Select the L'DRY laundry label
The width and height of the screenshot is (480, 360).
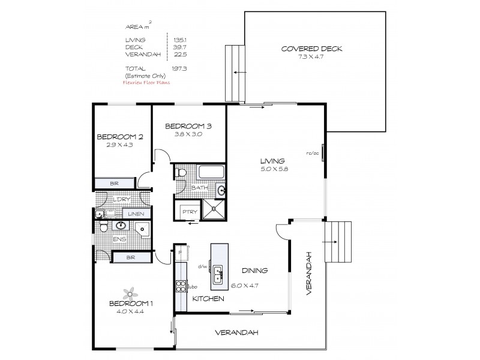tap(114, 199)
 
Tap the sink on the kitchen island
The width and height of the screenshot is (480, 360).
tap(219, 275)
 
